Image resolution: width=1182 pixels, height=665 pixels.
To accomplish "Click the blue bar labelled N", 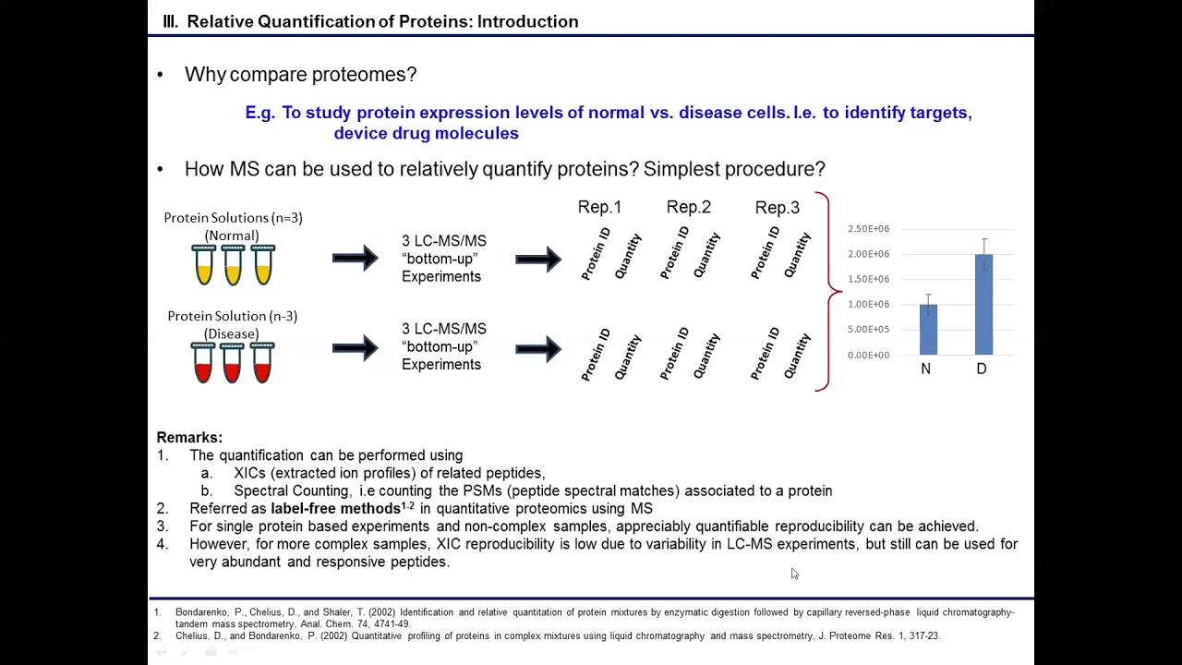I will pos(928,330).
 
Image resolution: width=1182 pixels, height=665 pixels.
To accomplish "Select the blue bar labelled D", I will pos(983,305).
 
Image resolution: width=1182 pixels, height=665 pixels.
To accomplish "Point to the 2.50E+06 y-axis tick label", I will pos(868,229).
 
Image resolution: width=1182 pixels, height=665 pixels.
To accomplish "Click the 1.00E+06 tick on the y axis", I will pos(868,305).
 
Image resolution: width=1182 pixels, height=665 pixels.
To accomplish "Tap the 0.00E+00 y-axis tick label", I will pos(868,355).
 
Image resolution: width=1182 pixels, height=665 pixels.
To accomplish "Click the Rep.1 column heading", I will pos(599,207).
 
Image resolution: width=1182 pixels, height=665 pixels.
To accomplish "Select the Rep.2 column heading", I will pos(688,207).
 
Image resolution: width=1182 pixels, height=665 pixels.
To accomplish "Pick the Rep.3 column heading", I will pos(777,207).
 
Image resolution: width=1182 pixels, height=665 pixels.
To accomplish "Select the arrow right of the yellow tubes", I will pos(356,258).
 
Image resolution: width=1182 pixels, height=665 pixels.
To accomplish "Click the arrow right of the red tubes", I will pos(356,347).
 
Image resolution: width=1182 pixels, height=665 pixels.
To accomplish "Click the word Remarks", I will pos(189,438).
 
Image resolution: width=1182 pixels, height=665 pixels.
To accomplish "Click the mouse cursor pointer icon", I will pos(794,574).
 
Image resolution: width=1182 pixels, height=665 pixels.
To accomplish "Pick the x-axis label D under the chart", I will pos(982,369).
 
